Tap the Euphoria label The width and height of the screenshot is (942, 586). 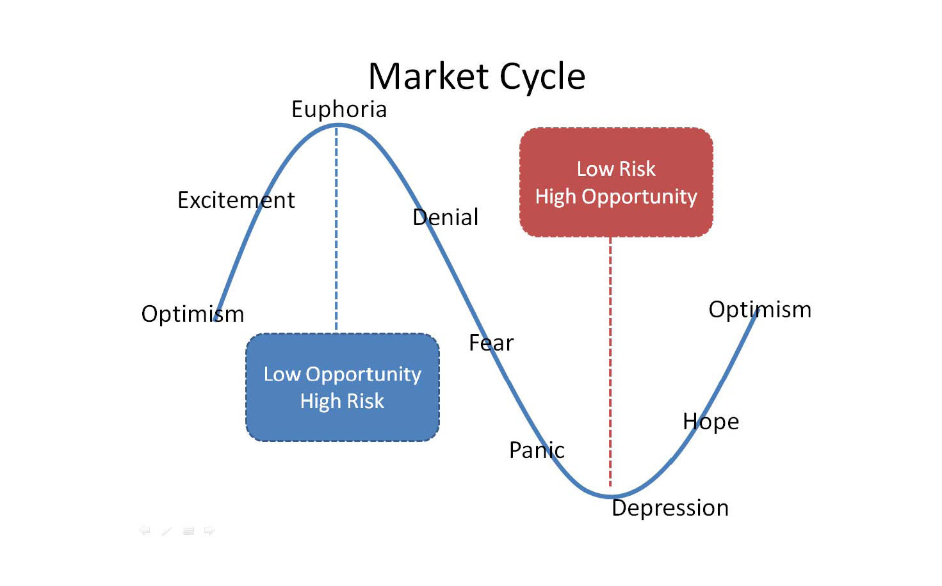[339, 109]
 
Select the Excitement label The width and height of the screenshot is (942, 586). [236, 200]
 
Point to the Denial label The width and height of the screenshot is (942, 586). [445, 218]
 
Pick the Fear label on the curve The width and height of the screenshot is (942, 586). [491, 343]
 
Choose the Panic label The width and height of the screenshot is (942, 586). [537, 450]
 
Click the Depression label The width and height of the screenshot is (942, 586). [670, 508]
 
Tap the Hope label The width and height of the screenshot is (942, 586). [710, 422]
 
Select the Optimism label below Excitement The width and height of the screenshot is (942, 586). [192, 314]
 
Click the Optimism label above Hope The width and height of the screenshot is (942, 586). [759, 310]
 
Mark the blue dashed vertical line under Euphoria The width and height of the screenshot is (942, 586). [336, 230]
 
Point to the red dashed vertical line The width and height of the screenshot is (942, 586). [610, 358]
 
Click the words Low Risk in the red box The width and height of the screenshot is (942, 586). [616, 169]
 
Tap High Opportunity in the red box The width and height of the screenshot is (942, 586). [616, 196]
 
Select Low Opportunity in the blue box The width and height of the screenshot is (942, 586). [343, 374]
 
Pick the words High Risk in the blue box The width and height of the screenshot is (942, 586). [343, 401]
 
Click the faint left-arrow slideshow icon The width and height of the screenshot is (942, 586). [145, 530]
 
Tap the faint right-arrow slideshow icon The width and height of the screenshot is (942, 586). [209, 530]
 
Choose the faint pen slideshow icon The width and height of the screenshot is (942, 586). [166, 530]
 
